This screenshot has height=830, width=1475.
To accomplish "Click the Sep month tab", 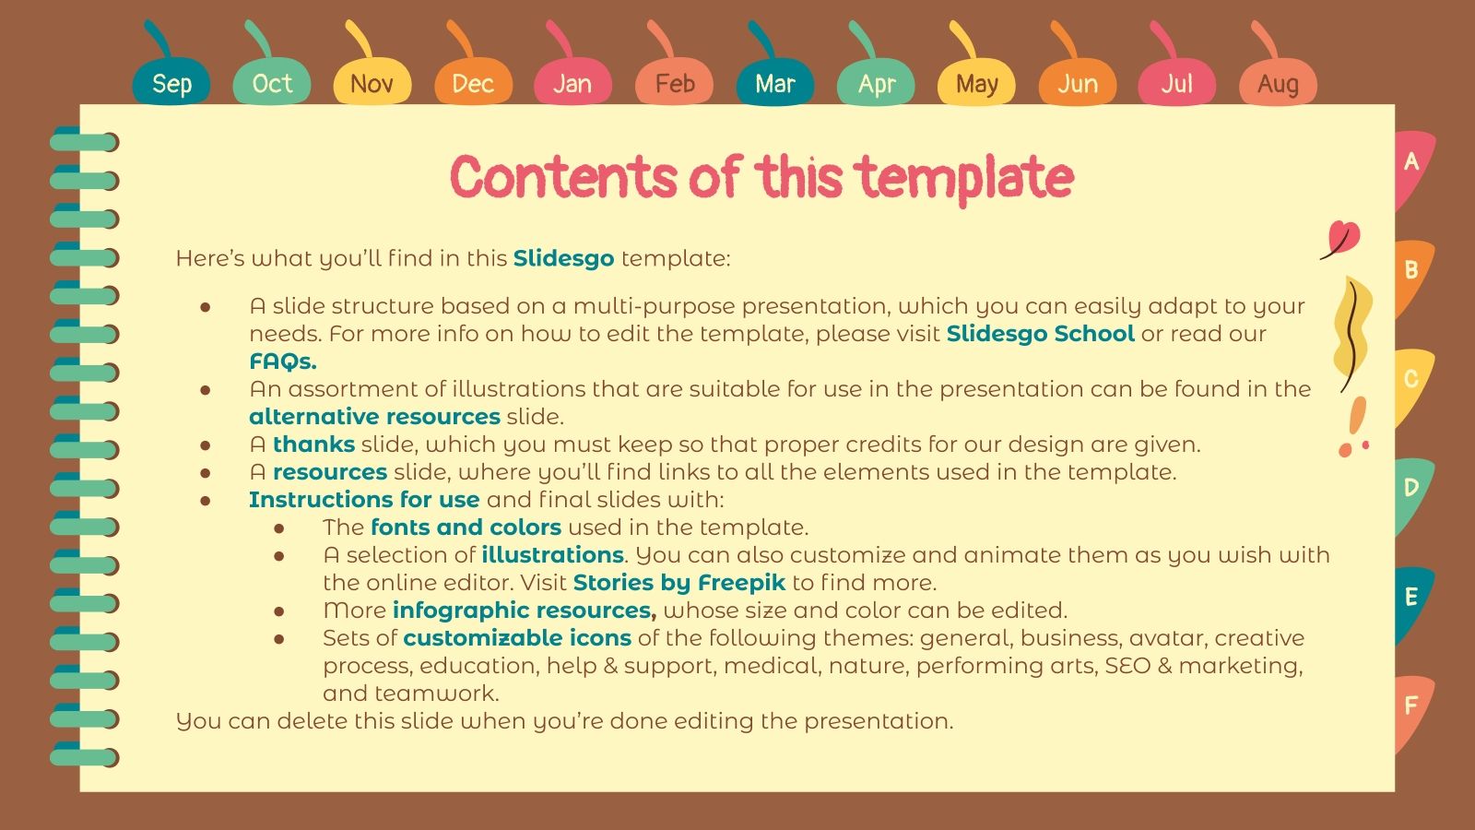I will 171,83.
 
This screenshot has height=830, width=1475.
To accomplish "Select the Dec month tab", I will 473,83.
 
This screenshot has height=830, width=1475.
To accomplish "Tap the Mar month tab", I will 774,83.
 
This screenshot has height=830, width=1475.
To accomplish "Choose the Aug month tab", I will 1278,83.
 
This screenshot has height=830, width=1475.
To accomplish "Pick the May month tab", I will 976,83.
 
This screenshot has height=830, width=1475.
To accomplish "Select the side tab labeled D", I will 1411,488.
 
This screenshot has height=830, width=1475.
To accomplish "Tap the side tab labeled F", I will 1411,706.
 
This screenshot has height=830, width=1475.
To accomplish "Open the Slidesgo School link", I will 1040,334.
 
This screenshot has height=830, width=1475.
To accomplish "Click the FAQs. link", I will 282,362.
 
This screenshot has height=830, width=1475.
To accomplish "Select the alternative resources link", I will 374,417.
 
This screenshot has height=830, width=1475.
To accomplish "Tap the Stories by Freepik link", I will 678,583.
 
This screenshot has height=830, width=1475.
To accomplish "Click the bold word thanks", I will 313,445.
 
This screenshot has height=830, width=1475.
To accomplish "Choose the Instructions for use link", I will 364,500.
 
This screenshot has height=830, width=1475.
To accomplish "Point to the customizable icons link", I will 516,638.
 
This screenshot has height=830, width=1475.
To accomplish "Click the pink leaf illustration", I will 1342,238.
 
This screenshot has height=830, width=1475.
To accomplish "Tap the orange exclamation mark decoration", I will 1354,425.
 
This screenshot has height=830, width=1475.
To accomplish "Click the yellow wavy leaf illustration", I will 1351,332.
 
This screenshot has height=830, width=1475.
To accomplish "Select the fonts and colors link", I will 466,528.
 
